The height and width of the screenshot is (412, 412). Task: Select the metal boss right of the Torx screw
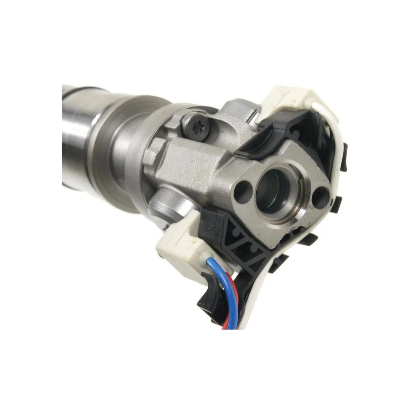[238, 112]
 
